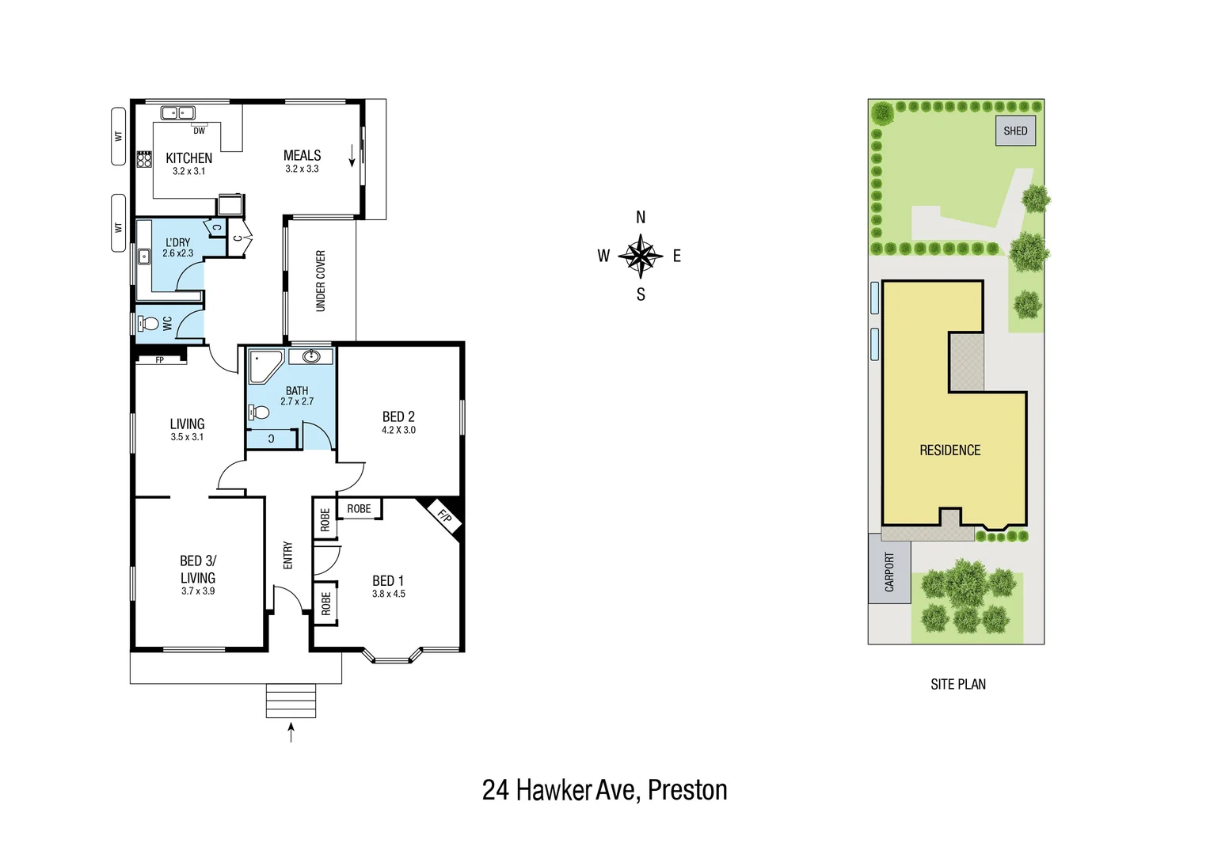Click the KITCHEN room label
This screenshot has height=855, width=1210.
click(188, 158)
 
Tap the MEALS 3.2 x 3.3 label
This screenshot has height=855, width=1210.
click(302, 161)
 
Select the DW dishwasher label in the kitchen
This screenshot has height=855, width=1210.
click(200, 131)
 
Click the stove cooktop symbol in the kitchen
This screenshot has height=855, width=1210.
click(144, 159)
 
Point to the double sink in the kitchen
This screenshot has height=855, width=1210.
click(178, 112)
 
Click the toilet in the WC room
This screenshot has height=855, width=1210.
click(147, 324)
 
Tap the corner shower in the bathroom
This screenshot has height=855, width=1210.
click(264, 365)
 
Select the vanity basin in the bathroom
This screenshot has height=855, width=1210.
click(311, 357)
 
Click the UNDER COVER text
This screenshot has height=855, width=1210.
click(321, 281)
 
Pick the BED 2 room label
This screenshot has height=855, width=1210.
click(398, 417)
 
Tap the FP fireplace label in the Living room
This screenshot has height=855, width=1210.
click(160, 360)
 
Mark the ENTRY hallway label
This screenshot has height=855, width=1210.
click(288, 555)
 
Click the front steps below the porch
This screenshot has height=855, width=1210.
click(291, 701)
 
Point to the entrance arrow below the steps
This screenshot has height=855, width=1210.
click(291, 732)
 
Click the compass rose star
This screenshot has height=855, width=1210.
click(640, 256)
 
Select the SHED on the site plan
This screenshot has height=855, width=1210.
click(1015, 131)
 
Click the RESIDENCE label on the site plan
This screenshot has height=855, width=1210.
click(949, 450)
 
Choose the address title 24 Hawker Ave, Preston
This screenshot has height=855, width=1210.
click(604, 790)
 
